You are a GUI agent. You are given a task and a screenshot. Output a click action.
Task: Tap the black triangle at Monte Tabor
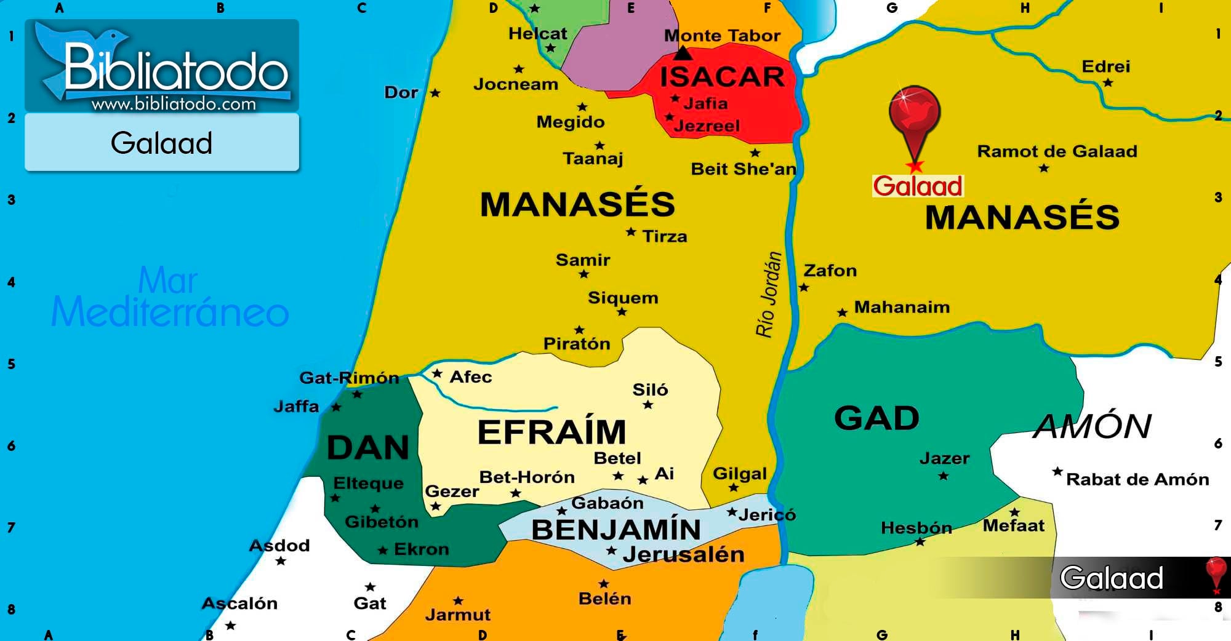[x=683, y=54]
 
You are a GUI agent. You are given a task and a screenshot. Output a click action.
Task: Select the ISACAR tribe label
[x=722, y=78]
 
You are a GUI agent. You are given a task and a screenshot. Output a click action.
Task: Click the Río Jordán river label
[x=768, y=295]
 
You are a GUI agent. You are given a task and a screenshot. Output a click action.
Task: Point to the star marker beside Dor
[x=435, y=93]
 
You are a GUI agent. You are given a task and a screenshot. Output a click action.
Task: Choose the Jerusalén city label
[x=683, y=555]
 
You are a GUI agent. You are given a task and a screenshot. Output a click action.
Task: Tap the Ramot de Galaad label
[x=1057, y=151]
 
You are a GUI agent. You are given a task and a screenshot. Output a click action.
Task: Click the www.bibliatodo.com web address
[x=174, y=104]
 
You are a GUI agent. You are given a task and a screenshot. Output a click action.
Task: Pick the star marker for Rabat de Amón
[x=1057, y=472]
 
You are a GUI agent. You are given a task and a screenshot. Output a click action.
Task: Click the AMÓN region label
[x=1093, y=426]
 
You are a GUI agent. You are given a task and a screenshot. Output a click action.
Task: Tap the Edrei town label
[x=1105, y=66]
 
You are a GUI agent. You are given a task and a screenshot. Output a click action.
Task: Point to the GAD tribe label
[x=876, y=418]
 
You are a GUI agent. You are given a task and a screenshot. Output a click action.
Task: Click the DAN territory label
[x=368, y=447]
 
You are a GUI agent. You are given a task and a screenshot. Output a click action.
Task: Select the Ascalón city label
[x=239, y=603]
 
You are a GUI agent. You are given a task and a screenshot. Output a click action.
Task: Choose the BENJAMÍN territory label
[x=615, y=530]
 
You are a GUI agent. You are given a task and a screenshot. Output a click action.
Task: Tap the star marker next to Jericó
[x=732, y=512]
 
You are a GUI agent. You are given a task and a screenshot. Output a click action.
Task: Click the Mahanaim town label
[x=902, y=307]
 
